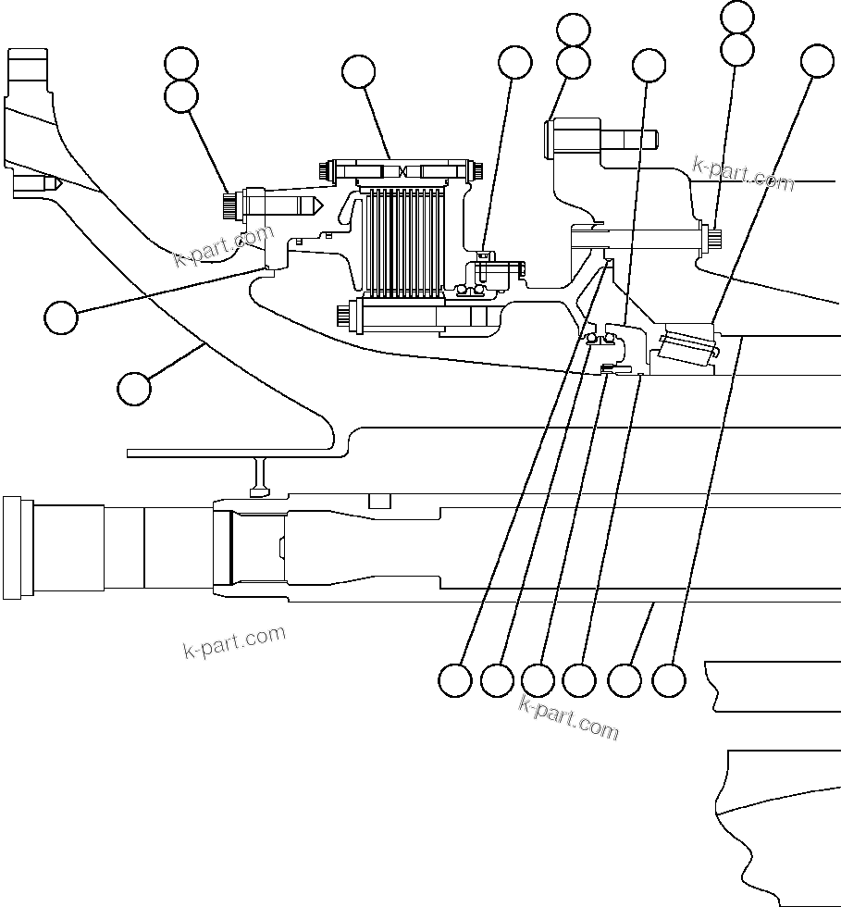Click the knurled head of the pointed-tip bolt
coord(228,203)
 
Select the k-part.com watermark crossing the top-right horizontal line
coord(743,173)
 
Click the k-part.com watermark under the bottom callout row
coord(568,717)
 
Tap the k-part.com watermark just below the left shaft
coord(235,640)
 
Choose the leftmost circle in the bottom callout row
coord(454,680)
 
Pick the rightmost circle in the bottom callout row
coord(669,681)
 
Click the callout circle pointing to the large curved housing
coord(135,388)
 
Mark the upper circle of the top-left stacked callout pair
coord(180,63)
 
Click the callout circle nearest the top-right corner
coord(817,60)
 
